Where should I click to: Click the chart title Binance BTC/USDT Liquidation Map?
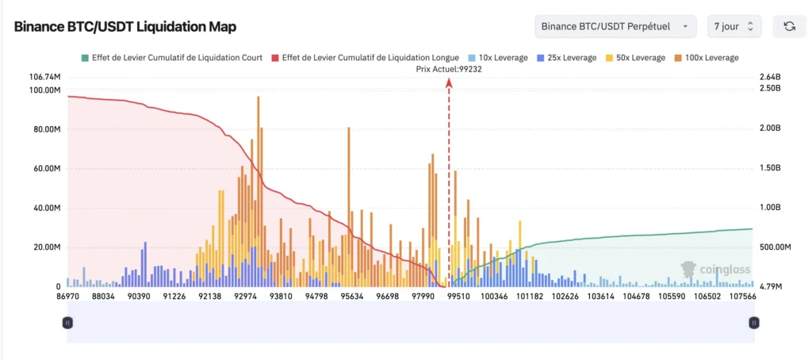tap(124, 26)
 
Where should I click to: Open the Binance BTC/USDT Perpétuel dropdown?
tap(615, 26)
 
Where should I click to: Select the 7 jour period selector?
tap(734, 26)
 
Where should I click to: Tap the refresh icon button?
tap(789, 26)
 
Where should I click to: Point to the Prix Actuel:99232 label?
tap(449, 69)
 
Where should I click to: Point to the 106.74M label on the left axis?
tap(44, 77)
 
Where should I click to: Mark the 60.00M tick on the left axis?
tap(44, 169)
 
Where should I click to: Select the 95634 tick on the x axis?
tap(351, 297)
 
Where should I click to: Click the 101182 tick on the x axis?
tap(530, 297)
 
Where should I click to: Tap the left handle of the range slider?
tap(68, 323)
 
